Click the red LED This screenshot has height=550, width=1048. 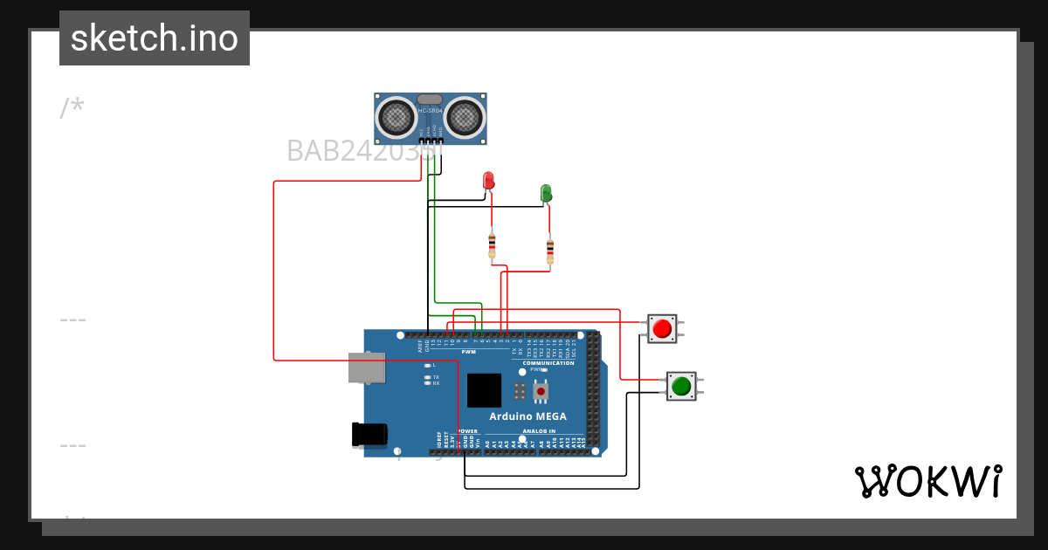pos(489,181)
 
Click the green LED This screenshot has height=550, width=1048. pos(546,192)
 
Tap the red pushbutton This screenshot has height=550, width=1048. pos(662,329)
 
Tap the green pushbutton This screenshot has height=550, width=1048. pos(681,385)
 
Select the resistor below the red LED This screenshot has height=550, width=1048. pos(492,245)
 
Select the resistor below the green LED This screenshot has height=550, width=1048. pos(549,251)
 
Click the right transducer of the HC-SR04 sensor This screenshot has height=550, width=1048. pos(465,116)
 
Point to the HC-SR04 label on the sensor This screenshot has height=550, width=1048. pos(431,111)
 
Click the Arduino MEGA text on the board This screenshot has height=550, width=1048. pos(527,416)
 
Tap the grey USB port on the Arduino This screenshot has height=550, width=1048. pos(367,368)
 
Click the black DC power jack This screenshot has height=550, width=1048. pos(369,433)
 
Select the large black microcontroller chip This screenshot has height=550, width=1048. pos(485,390)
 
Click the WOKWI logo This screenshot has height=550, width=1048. pos(928,482)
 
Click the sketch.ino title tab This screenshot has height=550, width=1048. pos(155,38)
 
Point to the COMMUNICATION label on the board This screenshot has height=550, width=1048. pos(548,362)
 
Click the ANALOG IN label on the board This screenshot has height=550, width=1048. pos(539,431)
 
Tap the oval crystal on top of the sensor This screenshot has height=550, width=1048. pos(430,100)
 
